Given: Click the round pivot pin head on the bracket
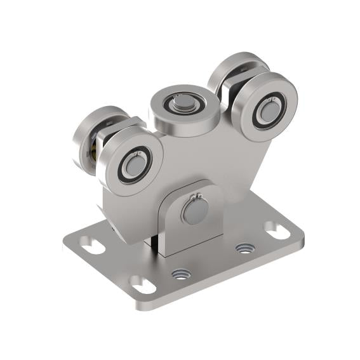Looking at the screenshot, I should tap(193, 211).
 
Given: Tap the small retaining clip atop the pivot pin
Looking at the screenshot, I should tap(197, 197).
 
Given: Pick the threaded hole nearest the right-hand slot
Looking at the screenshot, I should tap(243, 247).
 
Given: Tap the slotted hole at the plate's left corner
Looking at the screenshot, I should tap(93, 246).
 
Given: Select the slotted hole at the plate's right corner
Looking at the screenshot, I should tap(276, 230).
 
